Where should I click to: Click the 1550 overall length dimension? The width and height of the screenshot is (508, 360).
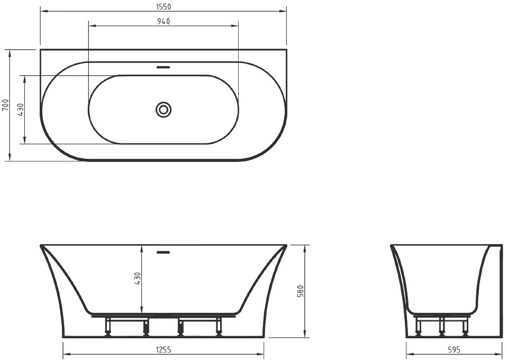tap(164, 6)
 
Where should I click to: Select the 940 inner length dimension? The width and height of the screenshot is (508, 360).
tap(164, 21)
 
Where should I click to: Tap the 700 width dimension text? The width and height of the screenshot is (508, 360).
tap(5, 105)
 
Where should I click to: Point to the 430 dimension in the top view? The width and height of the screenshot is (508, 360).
tap(20, 110)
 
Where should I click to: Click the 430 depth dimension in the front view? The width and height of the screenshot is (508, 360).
tap(138, 278)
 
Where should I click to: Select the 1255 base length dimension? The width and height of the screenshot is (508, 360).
tap(164, 349)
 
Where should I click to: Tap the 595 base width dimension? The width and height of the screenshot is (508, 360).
tap(454, 349)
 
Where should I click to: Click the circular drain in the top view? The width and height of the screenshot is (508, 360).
tap(164, 110)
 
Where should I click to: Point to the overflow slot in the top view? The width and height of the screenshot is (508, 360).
tap(164, 67)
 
